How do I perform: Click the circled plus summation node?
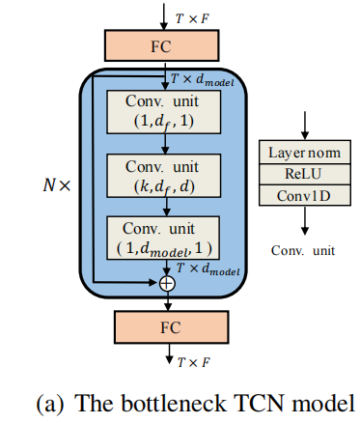(167, 283)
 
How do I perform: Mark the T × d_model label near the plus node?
(208, 268)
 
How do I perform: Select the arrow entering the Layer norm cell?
(305, 126)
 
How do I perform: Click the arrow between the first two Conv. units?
(167, 143)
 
